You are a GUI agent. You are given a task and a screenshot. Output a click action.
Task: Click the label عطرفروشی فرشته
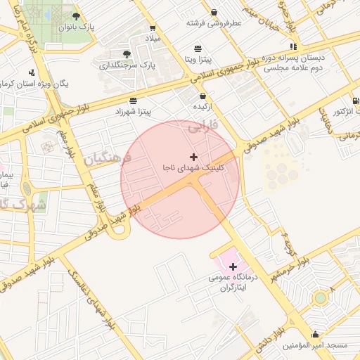[x=214, y=22]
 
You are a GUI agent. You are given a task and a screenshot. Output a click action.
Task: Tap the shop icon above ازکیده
[x=203, y=96]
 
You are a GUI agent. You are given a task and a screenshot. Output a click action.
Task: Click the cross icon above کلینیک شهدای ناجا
[x=194, y=156]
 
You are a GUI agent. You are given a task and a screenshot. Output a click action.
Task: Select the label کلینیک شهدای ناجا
[x=191, y=169]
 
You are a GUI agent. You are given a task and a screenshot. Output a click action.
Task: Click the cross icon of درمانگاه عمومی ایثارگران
[x=233, y=266]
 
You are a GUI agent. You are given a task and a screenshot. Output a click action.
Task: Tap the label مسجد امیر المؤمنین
[x=316, y=346]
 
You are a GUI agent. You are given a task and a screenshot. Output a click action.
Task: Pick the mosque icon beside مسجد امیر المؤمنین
[x=315, y=335]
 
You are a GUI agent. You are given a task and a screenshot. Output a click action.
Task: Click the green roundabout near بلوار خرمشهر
[x=321, y=297]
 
